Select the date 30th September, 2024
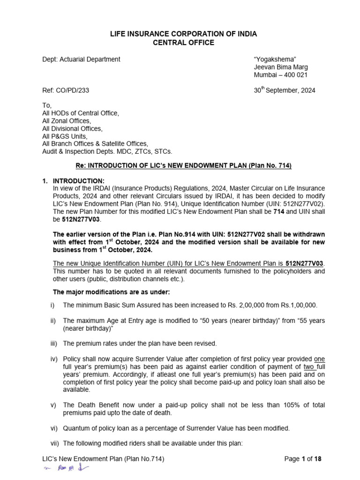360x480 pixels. pos(285,90)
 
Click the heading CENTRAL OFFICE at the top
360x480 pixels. pos(184,43)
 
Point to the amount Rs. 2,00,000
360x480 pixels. pos(253,305)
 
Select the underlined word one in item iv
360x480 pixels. pos(319,359)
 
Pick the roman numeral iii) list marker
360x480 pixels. pos(53,344)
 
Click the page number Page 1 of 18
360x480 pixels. pos(303,459)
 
